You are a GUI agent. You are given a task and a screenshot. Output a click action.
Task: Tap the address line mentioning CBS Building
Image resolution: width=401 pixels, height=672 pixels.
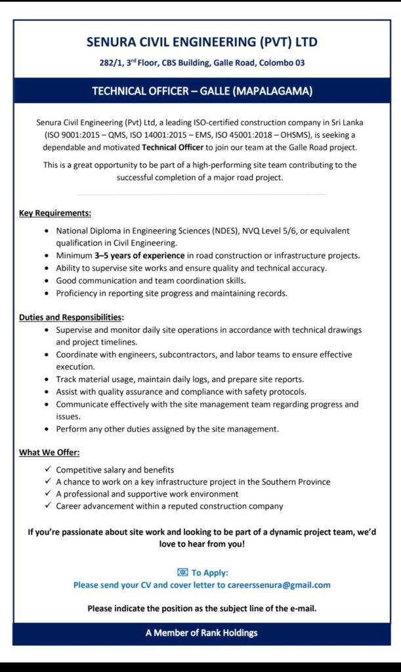click(201, 63)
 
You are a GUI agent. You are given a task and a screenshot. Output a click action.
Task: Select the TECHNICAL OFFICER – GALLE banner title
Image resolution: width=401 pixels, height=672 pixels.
click(201, 91)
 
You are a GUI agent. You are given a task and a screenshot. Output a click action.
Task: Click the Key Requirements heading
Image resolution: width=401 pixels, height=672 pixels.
click(55, 213)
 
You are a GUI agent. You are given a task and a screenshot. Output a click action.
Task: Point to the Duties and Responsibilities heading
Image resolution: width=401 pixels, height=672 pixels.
click(71, 317)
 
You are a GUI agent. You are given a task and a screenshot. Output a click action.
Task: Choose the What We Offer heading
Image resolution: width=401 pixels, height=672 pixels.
click(50, 453)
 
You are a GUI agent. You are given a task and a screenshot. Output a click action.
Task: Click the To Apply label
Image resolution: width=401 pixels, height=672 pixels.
click(210, 572)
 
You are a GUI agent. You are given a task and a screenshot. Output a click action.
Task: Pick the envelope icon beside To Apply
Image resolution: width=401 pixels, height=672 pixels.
click(182, 572)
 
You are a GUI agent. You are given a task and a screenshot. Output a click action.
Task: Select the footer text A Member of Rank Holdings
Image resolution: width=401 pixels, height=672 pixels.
click(201, 633)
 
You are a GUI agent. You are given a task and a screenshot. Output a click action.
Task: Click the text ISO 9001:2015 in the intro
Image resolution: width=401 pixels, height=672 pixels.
click(66, 135)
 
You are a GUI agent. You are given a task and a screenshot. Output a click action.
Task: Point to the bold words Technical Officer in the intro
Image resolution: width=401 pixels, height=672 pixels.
click(172, 147)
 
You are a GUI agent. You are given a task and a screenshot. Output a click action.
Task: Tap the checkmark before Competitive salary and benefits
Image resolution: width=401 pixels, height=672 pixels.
click(47, 469)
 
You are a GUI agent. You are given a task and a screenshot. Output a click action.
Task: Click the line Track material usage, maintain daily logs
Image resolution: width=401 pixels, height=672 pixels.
click(179, 379)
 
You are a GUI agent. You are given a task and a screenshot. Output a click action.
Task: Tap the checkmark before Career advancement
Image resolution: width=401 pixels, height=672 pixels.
click(47, 506)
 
